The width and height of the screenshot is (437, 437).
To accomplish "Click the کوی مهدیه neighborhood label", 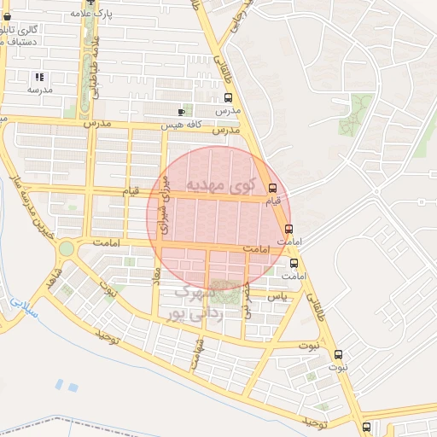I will tap(219, 185).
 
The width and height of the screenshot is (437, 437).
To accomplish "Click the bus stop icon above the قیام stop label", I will tap(272, 188).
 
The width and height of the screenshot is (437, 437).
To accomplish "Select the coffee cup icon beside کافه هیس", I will tap(181, 112).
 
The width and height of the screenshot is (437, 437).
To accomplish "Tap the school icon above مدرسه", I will tap(39, 77).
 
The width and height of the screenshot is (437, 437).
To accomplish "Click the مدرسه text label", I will tap(39, 89).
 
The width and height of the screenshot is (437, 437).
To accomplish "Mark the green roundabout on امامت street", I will tap(66, 248).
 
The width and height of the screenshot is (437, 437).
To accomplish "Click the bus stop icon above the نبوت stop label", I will tap(338, 353).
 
